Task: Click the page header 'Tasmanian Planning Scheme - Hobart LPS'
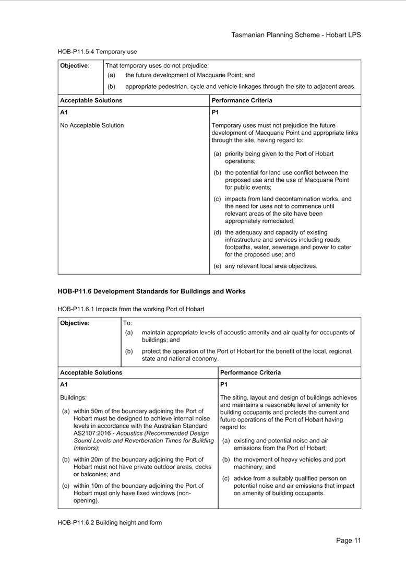click(x=296, y=35)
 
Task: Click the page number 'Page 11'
click(x=348, y=541)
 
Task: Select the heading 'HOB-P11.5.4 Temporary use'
click(x=97, y=52)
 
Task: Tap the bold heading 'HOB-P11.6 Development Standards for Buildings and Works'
click(x=151, y=291)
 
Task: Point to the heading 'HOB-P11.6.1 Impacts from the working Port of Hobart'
click(x=130, y=309)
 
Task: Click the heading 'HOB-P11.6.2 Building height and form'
click(x=110, y=522)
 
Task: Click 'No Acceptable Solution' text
click(x=92, y=125)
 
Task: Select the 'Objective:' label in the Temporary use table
click(x=75, y=66)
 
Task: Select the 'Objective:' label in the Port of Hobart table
click(x=75, y=323)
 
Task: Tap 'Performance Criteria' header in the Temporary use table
click(x=242, y=100)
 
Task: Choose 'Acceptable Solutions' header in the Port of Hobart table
click(x=91, y=373)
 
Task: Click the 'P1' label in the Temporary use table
click(x=215, y=112)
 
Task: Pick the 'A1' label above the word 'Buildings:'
click(x=64, y=384)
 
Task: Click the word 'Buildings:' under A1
click(x=73, y=398)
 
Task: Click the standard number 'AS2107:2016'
click(x=92, y=433)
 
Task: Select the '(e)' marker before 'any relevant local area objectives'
click(x=218, y=266)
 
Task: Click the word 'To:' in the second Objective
click(x=128, y=323)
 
